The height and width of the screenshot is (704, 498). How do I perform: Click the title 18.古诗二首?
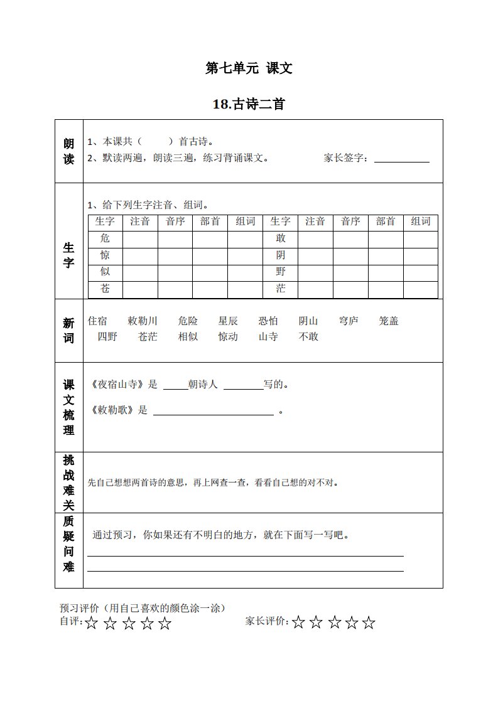(249, 104)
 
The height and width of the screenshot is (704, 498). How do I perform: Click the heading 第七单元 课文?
(249, 68)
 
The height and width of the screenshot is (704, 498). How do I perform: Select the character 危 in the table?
(105, 238)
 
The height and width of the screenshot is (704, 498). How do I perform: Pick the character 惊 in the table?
(105, 255)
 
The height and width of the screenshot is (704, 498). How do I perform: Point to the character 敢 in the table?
(281, 238)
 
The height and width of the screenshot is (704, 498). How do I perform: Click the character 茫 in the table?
(281, 289)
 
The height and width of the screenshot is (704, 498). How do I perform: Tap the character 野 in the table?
(281, 272)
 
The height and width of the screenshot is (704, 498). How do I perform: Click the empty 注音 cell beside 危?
(140, 238)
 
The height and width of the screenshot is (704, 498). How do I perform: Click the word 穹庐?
(349, 321)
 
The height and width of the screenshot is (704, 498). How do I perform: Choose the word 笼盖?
(389, 321)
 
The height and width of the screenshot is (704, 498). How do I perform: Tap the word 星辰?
(228, 321)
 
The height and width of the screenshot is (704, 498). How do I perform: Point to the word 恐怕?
(268, 321)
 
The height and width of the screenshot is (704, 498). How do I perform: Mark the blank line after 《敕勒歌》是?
(214, 412)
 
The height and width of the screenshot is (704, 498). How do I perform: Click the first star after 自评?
(92, 623)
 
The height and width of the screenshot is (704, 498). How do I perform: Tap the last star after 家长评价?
(369, 623)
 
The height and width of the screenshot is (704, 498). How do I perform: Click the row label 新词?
(68, 331)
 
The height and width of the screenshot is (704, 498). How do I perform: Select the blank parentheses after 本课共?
(153, 142)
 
